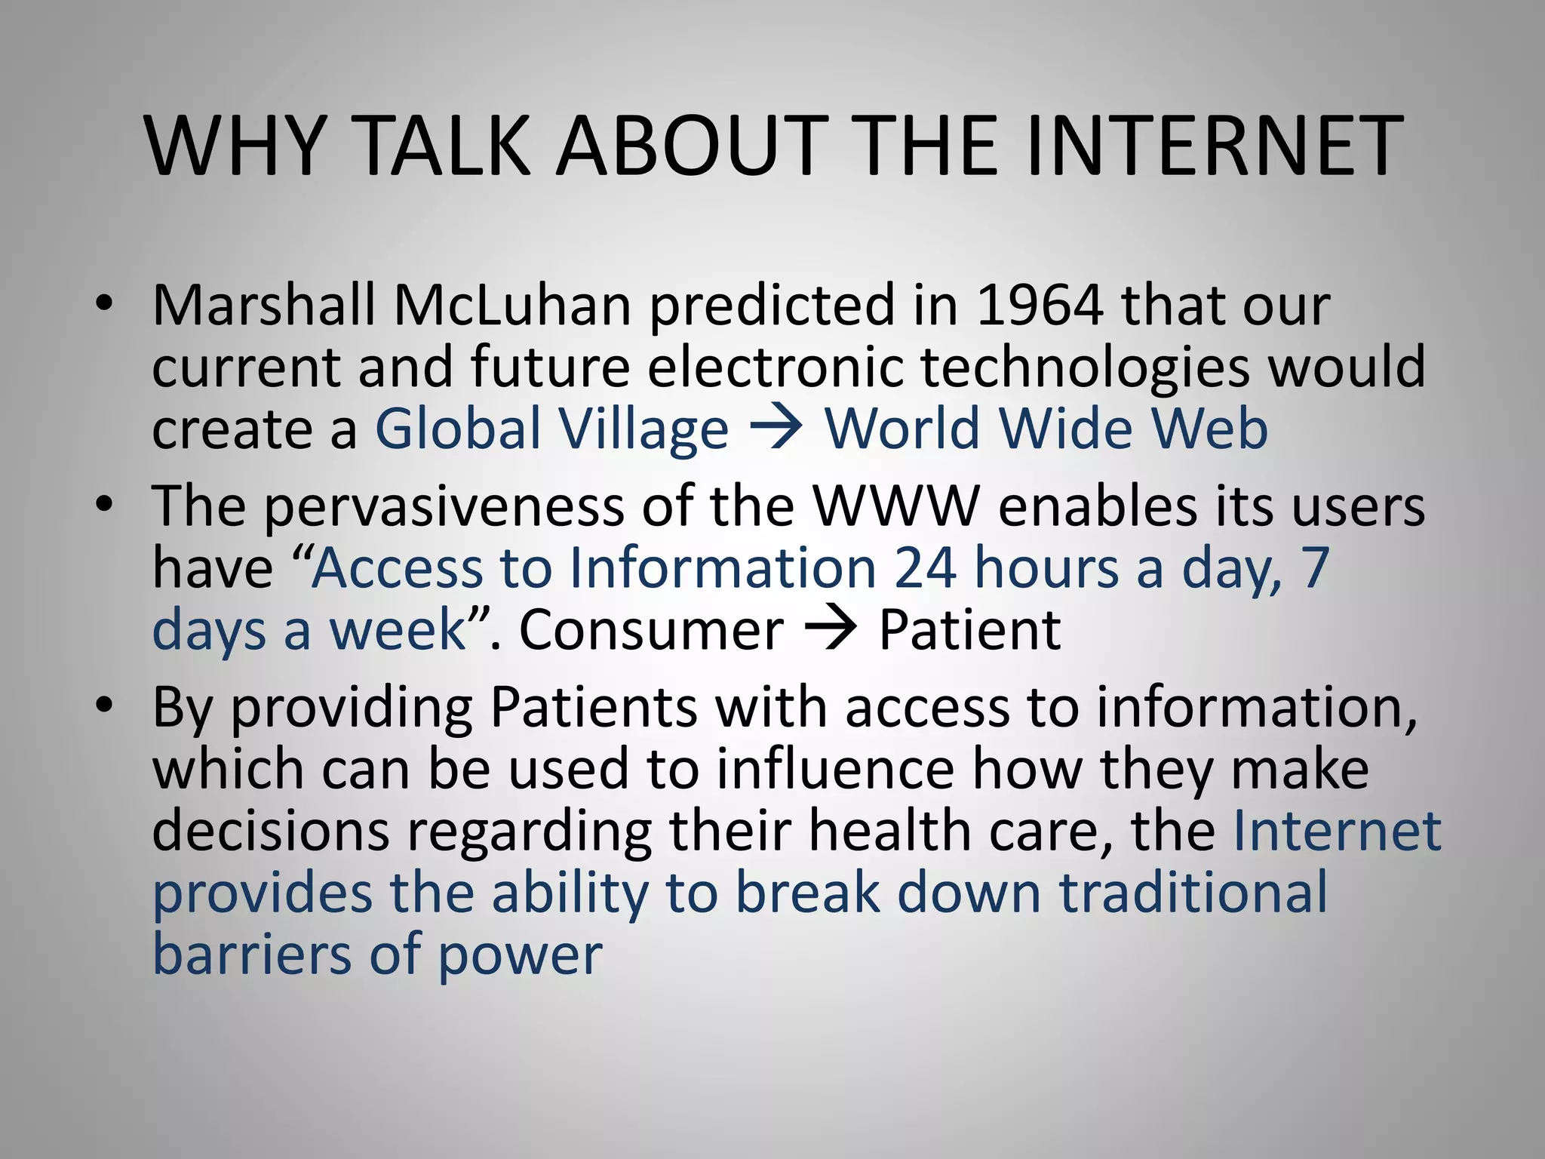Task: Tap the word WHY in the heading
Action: click(236, 146)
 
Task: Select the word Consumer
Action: click(651, 630)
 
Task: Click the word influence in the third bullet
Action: click(835, 769)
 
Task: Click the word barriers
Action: click(251, 955)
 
